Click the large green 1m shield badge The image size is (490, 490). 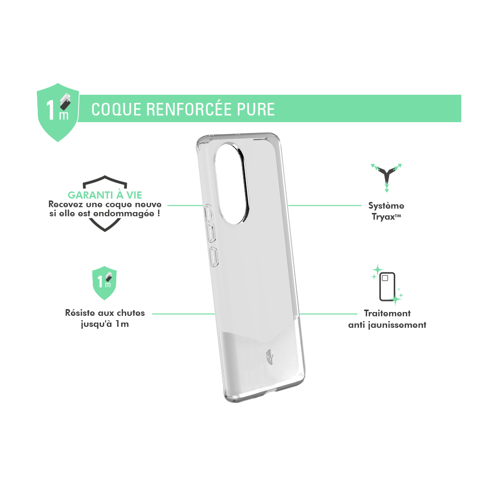click(x=58, y=112)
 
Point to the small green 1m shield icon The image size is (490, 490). click(x=104, y=283)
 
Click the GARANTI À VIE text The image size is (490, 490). click(x=105, y=195)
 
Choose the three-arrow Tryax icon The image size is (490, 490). click(x=387, y=177)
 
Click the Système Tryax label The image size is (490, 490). click(x=386, y=211)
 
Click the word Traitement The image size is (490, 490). click(x=387, y=313)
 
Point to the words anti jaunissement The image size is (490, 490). click(x=387, y=325)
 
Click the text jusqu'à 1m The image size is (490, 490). click(x=105, y=324)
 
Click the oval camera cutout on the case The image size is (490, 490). click(x=231, y=183)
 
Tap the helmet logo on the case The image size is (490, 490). click(x=270, y=356)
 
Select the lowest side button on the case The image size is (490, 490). click(x=214, y=257)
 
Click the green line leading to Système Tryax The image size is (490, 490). click(x=324, y=206)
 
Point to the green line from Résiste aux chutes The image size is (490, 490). click(x=184, y=314)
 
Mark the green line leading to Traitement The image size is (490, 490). click(x=328, y=314)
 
